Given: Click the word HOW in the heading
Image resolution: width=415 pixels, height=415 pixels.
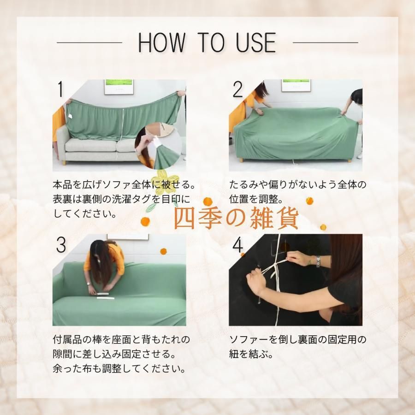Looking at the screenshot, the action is pos(161,42).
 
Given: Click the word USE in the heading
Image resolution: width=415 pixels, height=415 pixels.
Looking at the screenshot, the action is pos(256,42).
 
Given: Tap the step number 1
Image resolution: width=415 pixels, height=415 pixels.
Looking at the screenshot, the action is pos(60,89).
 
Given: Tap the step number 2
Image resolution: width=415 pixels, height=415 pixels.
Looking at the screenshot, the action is pos(237,89).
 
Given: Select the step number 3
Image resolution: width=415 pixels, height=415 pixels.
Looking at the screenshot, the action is pos(61,244).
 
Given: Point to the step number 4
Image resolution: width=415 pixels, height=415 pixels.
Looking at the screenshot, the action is pos(237,244).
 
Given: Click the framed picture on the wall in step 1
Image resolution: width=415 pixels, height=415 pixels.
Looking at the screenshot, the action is pos(119,87).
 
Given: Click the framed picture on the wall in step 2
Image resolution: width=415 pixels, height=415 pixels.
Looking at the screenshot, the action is pos(296,85).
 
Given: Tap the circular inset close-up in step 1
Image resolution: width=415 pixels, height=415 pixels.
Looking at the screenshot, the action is pos(158,145).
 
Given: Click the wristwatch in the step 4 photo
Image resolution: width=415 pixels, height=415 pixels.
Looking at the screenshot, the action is pos(318,261).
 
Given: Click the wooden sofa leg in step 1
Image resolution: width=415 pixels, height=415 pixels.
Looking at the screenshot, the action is pos(65,162).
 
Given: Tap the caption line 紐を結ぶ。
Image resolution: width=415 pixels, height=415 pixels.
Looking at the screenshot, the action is pos(251,354).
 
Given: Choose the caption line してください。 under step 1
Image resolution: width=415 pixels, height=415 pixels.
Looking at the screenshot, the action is pos(85,213).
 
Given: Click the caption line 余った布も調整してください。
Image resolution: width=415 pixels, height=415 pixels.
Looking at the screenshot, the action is pos(119,368).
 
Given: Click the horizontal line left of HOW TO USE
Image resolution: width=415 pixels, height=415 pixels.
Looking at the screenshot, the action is pos(89,42).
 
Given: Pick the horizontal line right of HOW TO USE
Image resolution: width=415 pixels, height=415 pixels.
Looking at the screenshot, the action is pos(325,42).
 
